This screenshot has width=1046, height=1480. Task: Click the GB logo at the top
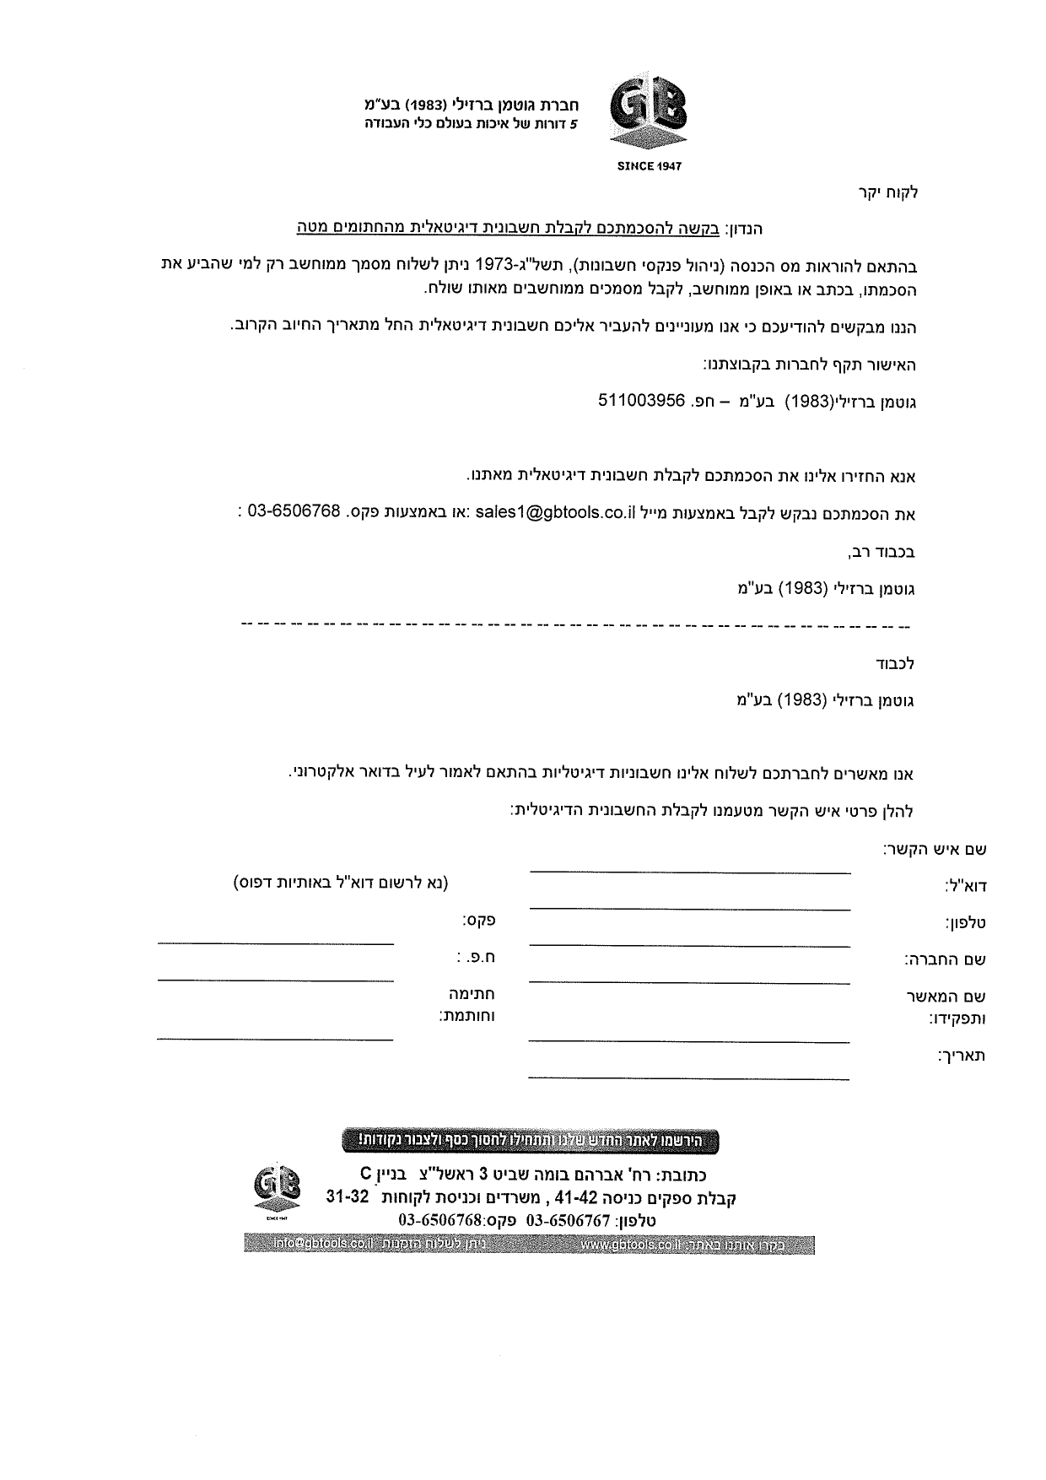648,116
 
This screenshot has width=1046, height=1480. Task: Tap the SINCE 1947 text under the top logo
648,166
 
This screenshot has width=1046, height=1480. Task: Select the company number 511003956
641,402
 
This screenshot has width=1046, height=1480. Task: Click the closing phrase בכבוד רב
882,553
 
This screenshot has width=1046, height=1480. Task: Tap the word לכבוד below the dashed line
893,663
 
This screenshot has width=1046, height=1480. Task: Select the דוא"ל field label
965,886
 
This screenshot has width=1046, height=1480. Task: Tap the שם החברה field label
946,959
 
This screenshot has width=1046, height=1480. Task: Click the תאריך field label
961,1056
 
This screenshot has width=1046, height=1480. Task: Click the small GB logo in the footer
277,1191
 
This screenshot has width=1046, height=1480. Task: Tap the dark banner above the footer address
531,1140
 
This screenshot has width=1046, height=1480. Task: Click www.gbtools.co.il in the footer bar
632,1245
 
